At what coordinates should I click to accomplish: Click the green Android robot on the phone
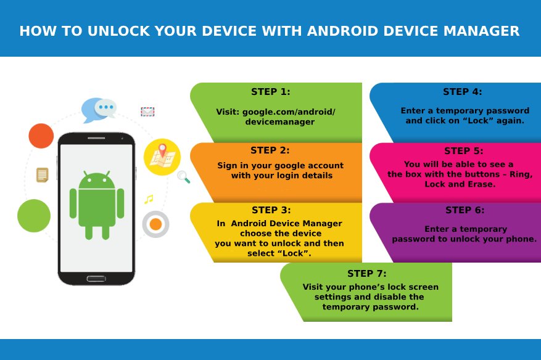97,205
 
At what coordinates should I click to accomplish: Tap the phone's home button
96,278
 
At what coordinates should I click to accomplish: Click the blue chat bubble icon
99,110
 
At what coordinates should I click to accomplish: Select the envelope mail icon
147,112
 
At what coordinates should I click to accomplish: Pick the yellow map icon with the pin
162,157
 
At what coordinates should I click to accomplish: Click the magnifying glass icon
184,177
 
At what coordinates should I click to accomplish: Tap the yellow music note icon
149,199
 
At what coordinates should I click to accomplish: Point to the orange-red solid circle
41,136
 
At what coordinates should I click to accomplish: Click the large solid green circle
34,216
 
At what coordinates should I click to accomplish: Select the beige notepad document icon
43,175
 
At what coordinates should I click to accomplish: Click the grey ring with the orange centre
155,224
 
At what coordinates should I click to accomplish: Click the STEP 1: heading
271,92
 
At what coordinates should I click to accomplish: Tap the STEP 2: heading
270,150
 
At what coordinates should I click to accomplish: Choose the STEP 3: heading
271,210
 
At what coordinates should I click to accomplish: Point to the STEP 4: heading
463,92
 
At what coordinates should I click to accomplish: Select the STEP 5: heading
464,151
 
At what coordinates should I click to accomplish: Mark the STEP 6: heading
465,210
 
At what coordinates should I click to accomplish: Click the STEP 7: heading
367,274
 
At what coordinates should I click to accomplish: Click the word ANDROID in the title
342,31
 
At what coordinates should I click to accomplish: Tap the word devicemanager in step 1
280,121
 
